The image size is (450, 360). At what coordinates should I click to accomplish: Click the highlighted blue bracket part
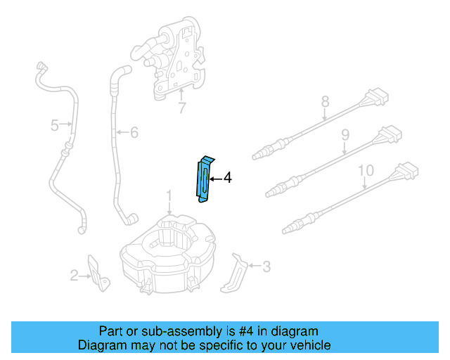204,179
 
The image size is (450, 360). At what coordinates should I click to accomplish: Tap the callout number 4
226,179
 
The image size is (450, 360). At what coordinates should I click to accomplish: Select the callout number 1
169,195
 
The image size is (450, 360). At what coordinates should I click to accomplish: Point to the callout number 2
75,276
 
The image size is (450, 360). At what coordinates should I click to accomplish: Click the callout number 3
266,266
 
